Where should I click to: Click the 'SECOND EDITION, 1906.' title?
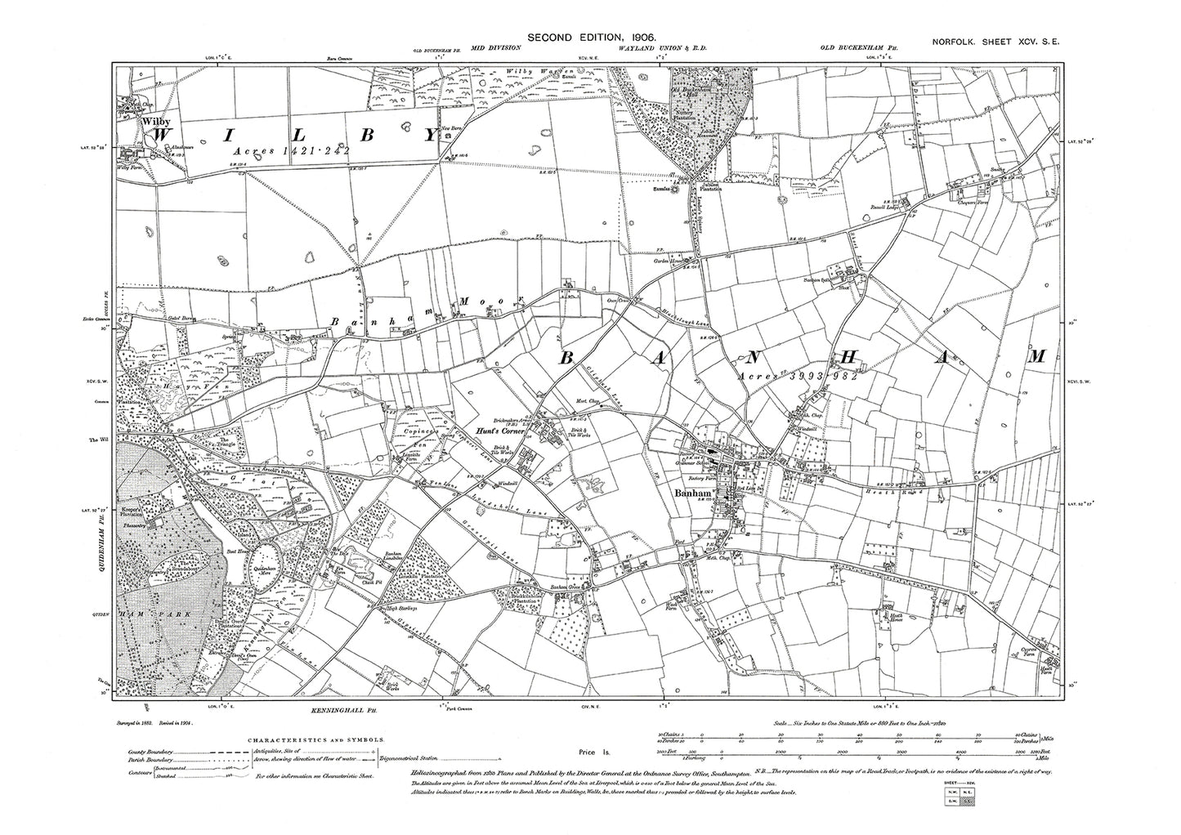pos(593,38)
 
